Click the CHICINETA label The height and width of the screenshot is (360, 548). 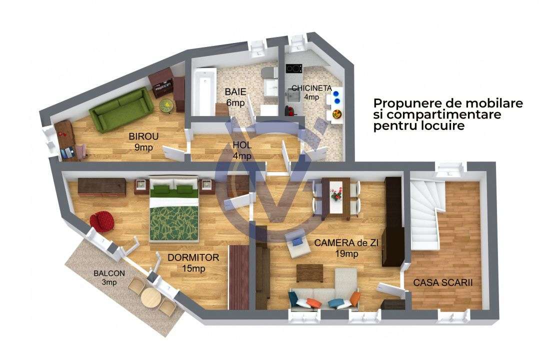(x=311, y=88)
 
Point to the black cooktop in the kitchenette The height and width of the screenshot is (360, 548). (x=293, y=68)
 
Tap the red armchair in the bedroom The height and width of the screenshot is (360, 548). (x=101, y=219)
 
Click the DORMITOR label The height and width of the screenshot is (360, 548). (x=193, y=258)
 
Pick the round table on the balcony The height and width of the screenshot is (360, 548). (x=150, y=299)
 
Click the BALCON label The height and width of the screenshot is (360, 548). (x=109, y=273)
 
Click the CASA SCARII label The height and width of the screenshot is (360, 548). (x=443, y=283)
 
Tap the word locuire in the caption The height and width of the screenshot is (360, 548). (x=442, y=126)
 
